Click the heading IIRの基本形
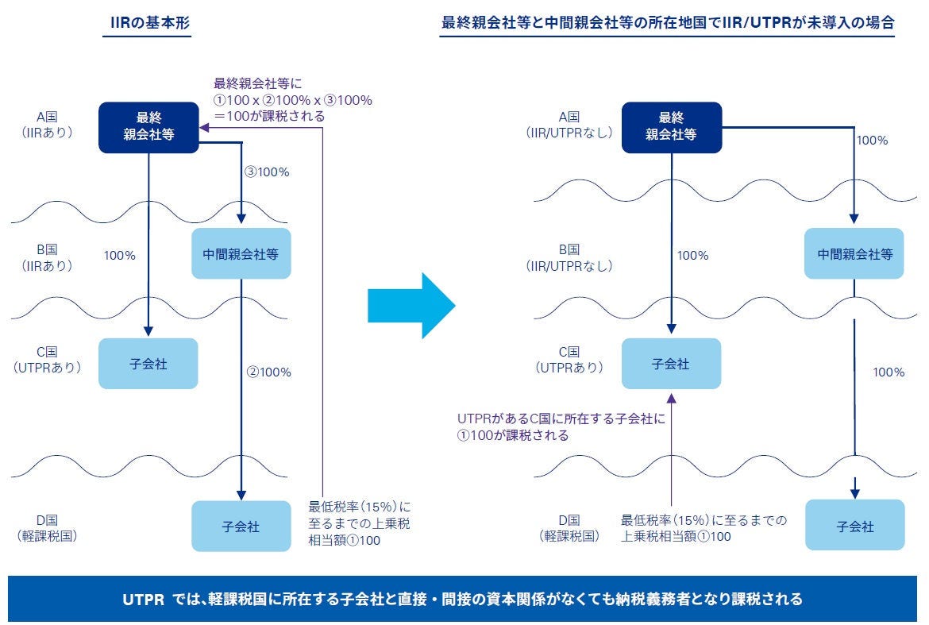149,23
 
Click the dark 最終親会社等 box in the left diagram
148,127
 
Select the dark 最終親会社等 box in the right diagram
671,127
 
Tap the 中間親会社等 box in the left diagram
241,253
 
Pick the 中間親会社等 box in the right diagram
855,253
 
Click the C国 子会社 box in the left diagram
148,364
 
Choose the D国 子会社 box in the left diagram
241,526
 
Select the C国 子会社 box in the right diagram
671,364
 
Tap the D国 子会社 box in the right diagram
855,526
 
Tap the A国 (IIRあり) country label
48,124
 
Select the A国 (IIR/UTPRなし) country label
570,124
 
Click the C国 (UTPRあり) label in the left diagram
48,360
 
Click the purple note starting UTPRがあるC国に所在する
561,426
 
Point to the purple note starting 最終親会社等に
292,99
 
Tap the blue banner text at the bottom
464,599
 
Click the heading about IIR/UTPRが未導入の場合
668,23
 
